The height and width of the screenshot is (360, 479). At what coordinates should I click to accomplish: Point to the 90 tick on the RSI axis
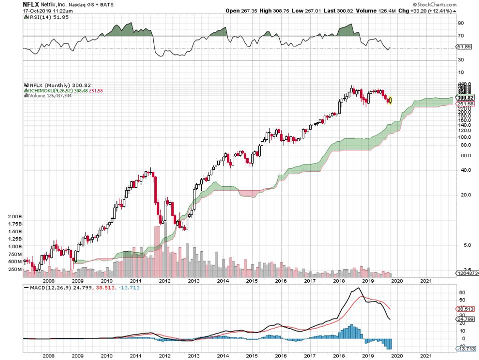point(461,23)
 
